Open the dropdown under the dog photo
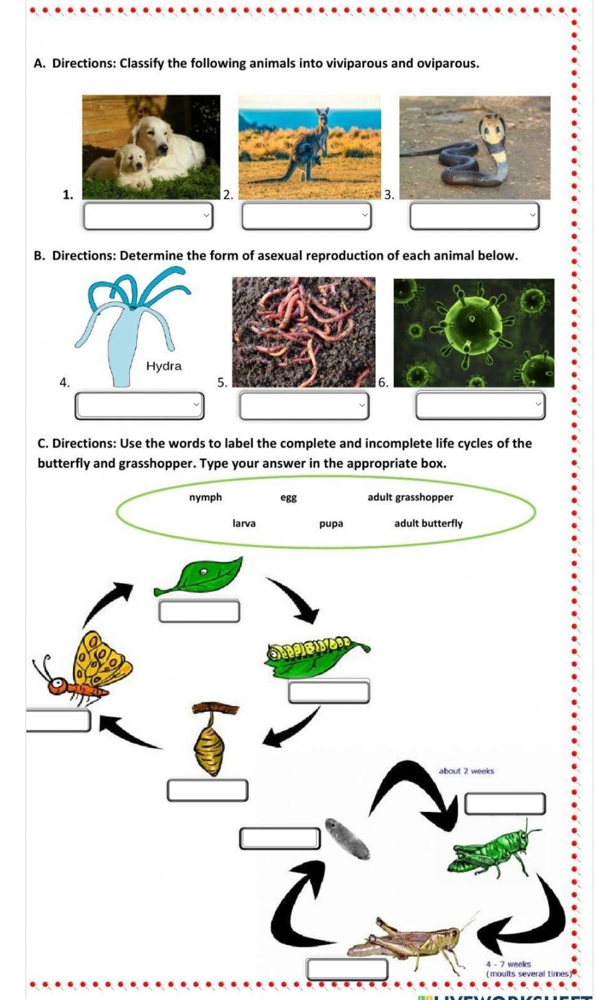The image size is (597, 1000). [x=148, y=215]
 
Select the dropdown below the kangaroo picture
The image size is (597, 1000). [x=306, y=215]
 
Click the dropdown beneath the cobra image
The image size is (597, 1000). [x=475, y=215]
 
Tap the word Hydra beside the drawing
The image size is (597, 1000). [x=164, y=366]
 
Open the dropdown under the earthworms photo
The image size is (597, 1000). [x=304, y=405]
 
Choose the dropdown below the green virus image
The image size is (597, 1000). [x=480, y=405]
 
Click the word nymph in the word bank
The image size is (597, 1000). [x=205, y=497]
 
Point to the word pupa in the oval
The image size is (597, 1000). [x=331, y=523]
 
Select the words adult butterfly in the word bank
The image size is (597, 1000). [x=428, y=523]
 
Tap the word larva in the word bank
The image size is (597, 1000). [x=244, y=523]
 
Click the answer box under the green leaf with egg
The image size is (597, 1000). [x=199, y=611]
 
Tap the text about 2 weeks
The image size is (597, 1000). [x=466, y=771]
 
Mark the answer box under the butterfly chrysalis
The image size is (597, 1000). [x=207, y=790]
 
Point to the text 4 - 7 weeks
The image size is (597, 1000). [x=508, y=964]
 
